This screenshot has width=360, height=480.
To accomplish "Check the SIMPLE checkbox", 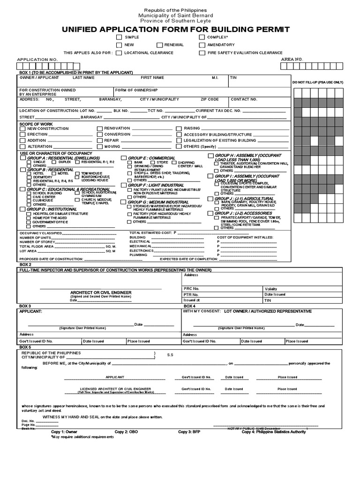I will pos(120,37).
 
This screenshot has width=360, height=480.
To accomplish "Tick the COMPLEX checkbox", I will pos(202,37).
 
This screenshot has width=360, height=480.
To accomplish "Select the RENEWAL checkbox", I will pos(160,45).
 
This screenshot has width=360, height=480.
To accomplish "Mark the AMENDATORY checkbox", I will pos(202,45).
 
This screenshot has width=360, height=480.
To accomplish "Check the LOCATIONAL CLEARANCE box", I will pos(120,53).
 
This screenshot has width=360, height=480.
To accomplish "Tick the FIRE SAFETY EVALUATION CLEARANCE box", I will pos(202,53).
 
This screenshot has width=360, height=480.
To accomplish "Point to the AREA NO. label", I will pos(292,60).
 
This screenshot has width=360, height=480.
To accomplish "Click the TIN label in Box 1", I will pos(233,77).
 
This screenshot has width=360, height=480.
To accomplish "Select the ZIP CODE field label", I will pos(210,99).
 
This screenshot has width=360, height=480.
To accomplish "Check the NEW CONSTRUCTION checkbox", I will pos(23,128).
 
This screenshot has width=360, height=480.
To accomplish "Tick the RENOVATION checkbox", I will pos(100,128).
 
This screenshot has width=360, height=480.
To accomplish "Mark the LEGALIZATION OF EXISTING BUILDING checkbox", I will pos(179,140).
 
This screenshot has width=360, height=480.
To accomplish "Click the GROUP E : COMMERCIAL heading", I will pos(151,158).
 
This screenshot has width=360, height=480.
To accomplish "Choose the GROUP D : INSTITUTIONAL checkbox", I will pos(23,209).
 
